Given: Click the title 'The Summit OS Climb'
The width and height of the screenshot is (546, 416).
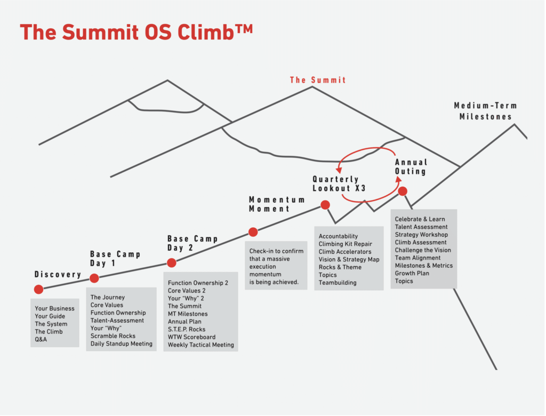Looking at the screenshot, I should pyautogui.click(x=136, y=32).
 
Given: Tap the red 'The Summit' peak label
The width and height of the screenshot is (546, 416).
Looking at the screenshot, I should pyautogui.click(x=318, y=80).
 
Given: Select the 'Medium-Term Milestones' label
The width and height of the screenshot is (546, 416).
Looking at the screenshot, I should pyautogui.click(x=485, y=111).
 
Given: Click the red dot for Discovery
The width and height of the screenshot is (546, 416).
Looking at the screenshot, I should pyautogui.click(x=38, y=289).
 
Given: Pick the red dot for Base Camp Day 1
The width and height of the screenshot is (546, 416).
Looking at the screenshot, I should pyautogui.click(x=94, y=278).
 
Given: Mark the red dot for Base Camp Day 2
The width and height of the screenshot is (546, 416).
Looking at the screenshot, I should pyautogui.click(x=172, y=262).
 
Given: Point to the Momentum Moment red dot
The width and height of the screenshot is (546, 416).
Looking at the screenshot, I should pyautogui.click(x=253, y=232).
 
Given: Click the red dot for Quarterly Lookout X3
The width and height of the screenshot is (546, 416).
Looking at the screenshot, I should pyautogui.click(x=325, y=205).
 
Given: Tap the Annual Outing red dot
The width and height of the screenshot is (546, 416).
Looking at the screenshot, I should pyautogui.click(x=403, y=191).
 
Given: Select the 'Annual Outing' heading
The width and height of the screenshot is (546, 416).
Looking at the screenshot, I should pyautogui.click(x=411, y=166).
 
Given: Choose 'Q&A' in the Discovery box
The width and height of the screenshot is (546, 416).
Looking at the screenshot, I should pyautogui.click(x=41, y=339).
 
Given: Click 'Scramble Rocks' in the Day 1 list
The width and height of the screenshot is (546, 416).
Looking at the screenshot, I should pyautogui.click(x=113, y=336).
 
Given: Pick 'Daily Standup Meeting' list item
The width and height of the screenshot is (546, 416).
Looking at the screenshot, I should pyautogui.click(x=122, y=344).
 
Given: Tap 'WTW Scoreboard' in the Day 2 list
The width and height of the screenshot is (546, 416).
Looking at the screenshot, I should pyautogui.click(x=192, y=337).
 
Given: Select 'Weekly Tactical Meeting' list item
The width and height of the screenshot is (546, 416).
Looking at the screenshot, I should pyautogui.click(x=201, y=345).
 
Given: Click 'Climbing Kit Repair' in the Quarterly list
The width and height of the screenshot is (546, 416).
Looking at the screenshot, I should pyautogui.click(x=345, y=244).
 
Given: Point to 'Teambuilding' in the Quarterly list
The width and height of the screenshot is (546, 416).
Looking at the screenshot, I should pyautogui.click(x=338, y=283).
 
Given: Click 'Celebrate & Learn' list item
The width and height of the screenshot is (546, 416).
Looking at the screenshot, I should pyautogui.click(x=420, y=219).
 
